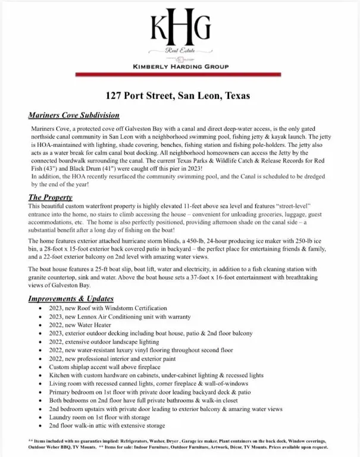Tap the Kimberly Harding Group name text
pyautogui.click(x=180, y=66)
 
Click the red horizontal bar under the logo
pyautogui.click(x=180, y=75)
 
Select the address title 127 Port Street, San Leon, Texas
pyautogui.click(x=180, y=95)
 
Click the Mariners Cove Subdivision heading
pyautogui.click(x=74, y=115)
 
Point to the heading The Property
pyautogui.click(x=51, y=197)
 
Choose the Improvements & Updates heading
pyautogui.click(x=71, y=299)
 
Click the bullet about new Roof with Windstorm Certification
pyautogui.click(x=108, y=308)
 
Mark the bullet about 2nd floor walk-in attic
pyautogui.click(x=107, y=427)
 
